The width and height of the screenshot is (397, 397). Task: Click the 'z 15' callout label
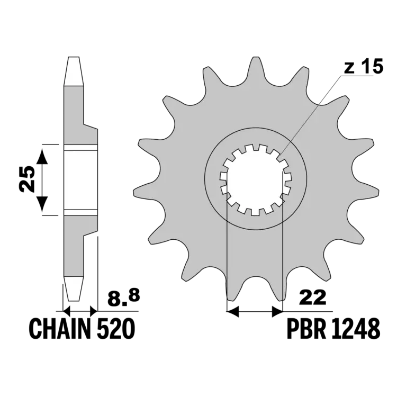[364, 67]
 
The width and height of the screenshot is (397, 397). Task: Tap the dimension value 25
[27, 179]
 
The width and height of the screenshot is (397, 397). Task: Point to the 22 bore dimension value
[312, 298]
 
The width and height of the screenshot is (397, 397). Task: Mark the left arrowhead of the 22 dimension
[233, 311]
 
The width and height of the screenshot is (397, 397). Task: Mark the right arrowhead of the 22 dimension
[277, 311]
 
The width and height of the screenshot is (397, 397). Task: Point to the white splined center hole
[256, 180]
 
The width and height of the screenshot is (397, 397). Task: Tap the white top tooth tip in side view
[74, 71]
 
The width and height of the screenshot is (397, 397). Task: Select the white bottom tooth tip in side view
[74, 288]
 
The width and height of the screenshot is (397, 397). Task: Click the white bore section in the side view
[80, 180]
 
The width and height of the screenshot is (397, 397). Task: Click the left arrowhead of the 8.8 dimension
[66, 310]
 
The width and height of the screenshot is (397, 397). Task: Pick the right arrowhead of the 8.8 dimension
[94, 310]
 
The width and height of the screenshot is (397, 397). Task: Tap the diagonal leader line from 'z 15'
[311, 115]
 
